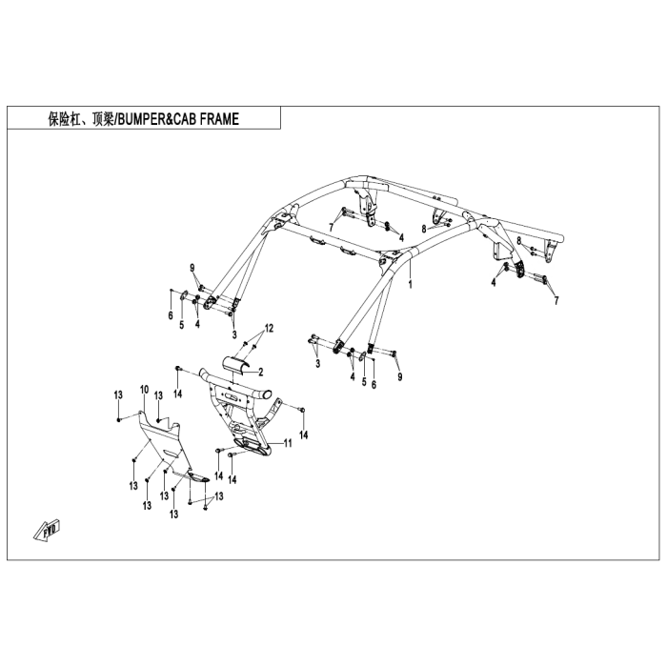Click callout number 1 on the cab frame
pos(410,284)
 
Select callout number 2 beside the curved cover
pos(261,373)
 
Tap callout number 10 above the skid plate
pos(144,389)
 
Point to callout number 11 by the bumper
pos(288,443)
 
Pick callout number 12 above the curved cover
pos(269,328)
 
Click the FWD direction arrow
pos(48,530)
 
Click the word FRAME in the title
pos(219,119)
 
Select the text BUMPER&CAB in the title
pos(157,119)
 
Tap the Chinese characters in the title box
pos(80,119)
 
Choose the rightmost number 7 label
pos(556,301)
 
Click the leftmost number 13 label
pos(118,394)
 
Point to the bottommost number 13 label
pos(173,515)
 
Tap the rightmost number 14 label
pos(303,435)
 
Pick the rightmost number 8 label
pos(519,241)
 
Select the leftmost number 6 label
pos(171,315)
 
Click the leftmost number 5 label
pos(182,325)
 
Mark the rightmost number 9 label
pos(399,376)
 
